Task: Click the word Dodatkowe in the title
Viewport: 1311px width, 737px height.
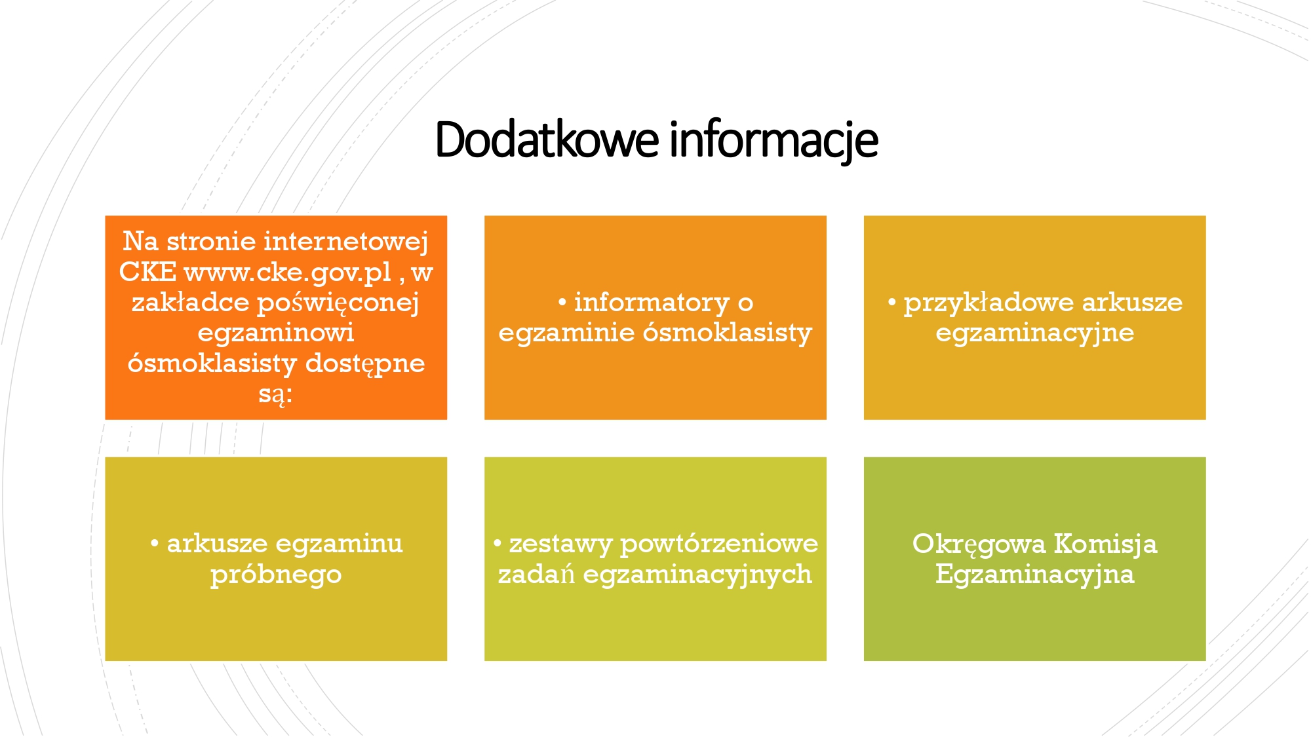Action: pos(547,140)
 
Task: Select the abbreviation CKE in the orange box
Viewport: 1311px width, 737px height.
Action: pos(147,271)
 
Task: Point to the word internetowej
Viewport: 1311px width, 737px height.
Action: pos(346,241)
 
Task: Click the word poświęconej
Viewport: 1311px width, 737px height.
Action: pos(338,303)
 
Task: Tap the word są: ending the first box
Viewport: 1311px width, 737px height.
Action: pos(275,394)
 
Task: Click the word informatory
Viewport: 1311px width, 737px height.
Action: pos(652,303)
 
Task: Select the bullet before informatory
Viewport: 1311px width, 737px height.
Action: pos(562,303)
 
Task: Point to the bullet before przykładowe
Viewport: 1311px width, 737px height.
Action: pos(891,303)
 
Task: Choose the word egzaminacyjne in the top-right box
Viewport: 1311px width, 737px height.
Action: pos(1034,333)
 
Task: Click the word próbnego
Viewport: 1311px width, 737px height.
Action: pos(276,575)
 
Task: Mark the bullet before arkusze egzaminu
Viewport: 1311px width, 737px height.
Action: pos(155,544)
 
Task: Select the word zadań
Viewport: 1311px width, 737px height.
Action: pos(536,574)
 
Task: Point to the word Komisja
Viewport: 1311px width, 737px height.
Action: pos(1105,544)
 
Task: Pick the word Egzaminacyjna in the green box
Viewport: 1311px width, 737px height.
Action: pos(1034,575)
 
